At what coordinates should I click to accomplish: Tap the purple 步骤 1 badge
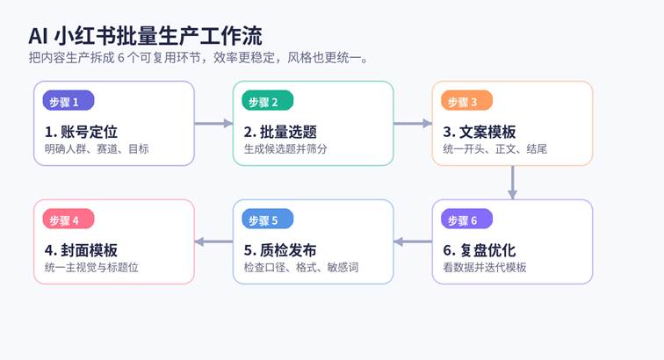click(x=68, y=101)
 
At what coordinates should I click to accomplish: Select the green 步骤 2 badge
click(x=267, y=101)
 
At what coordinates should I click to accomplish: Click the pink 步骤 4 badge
click(x=68, y=220)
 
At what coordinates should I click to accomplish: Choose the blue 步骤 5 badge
click(x=267, y=220)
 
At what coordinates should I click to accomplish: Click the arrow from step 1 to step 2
click(x=213, y=124)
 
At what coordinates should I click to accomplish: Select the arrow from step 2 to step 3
click(x=413, y=124)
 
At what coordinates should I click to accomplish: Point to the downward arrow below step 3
click(x=512, y=183)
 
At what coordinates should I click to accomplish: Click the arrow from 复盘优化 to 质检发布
click(x=413, y=241)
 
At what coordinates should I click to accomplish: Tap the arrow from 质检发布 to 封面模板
click(x=213, y=241)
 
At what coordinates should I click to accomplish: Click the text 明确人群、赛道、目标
click(x=97, y=149)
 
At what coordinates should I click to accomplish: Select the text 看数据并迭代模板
click(x=485, y=267)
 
